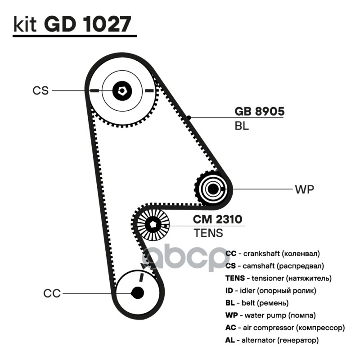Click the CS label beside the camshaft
click(x=40, y=90)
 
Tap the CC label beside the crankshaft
click(x=52, y=293)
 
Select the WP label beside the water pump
click(x=304, y=189)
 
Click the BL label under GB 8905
click(x=242, y=126)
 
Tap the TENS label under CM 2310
click(x=208, y=233)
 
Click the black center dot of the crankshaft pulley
click(x=137, y=293)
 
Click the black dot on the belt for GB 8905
click(x=189, y=117)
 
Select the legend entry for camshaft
click(x=274, y=266)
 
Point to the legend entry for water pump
click(x=270, y=315)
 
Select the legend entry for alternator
click(x=272, y=340)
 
